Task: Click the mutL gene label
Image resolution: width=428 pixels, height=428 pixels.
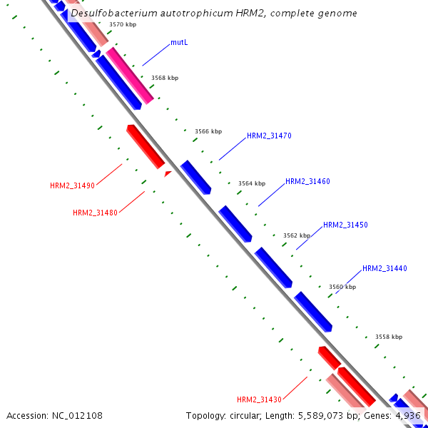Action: tap(179, 43)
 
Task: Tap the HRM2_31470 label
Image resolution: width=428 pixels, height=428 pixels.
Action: tap(269, 136)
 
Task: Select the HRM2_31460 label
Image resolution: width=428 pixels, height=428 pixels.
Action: tap(307, 181)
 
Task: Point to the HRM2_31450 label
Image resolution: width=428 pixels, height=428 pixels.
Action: tap(345, 225)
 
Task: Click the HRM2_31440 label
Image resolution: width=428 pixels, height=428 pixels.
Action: tap(384, 268)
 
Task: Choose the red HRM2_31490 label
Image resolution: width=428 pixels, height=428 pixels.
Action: tap(72, 185)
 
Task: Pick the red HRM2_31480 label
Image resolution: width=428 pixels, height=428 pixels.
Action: tap(95, 213)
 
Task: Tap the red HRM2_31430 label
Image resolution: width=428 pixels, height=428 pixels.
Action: tap(260, 399)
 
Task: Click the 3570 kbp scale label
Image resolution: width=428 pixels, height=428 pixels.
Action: tap(123, 24)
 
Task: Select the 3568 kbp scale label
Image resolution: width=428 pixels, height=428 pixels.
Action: tap(165, 78)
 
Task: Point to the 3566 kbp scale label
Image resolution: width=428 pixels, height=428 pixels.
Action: tap(208, 131)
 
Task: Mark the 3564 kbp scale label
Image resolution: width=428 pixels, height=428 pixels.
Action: tap(252, 183)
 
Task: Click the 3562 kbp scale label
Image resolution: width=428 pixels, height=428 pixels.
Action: tap(297, 235)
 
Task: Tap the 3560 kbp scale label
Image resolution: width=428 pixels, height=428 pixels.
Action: tap(342, 287)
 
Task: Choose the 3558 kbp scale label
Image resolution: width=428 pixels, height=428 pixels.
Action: tap(389, 337)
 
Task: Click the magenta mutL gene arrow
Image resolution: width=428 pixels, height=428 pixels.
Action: tap(130, 75)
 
